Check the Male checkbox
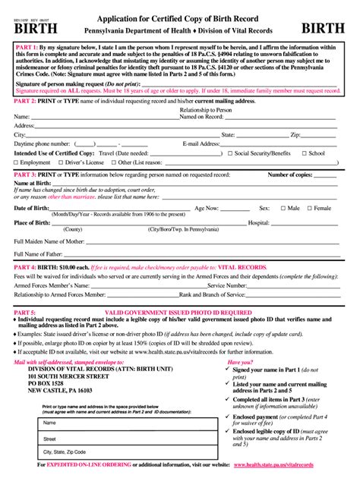pos(283,208)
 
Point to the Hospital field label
pos(258,223)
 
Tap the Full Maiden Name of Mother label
pos(49,241)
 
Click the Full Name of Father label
pos(44,253)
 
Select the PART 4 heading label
pos(27,268)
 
